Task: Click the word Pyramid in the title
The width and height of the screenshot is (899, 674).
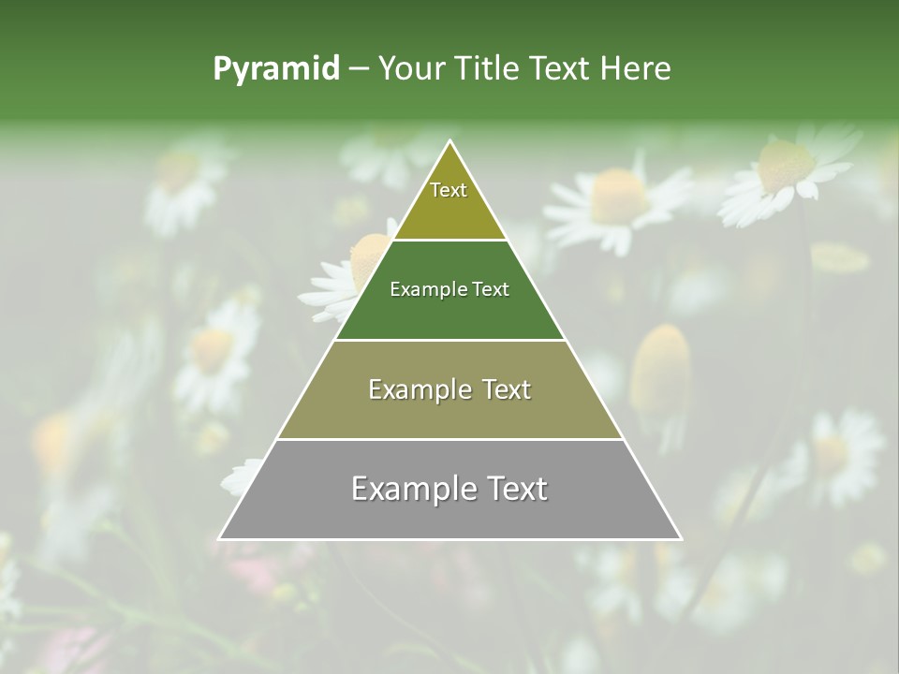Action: coord(275,69)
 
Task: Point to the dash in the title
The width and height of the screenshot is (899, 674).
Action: coord(359,69)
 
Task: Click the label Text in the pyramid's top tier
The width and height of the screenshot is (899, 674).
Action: coord(449,190)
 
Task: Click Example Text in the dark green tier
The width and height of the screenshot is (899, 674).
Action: coord(449,289)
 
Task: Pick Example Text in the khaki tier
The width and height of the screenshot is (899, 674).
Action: coord(449,389)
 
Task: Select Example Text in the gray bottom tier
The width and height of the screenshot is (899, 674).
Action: coord(449,489)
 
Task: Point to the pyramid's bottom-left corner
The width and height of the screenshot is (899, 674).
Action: coord(220,538)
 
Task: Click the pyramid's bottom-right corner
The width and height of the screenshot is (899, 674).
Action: coord(681,538)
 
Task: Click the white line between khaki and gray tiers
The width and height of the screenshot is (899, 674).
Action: coord(450,439)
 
